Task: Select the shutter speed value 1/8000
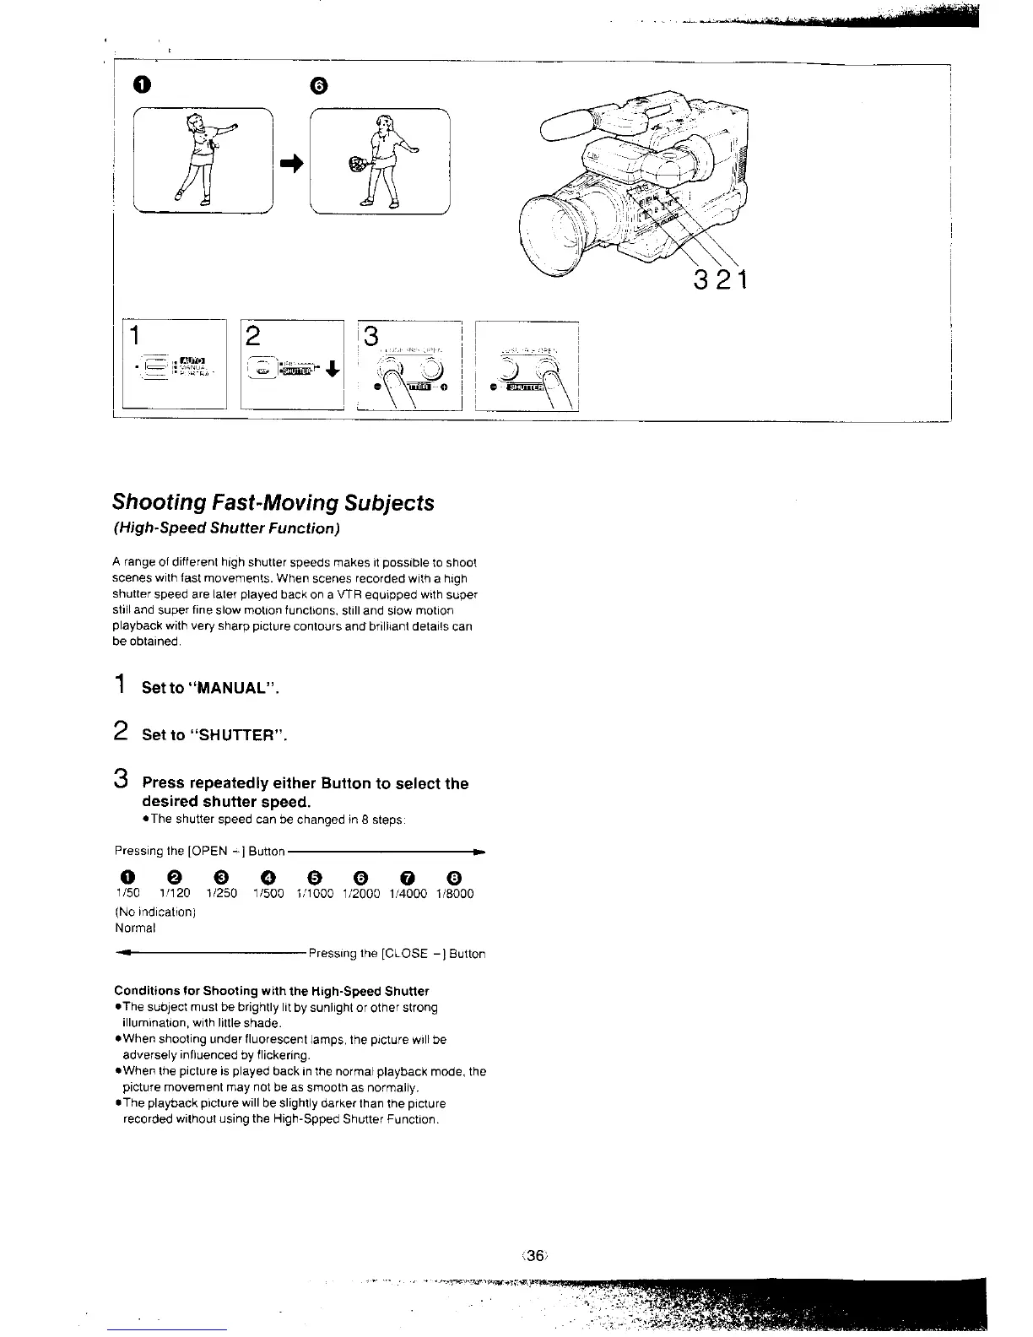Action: [x=455, y=893]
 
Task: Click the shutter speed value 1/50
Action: [x=127, y=893]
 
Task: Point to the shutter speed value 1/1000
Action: [x=314, y=893]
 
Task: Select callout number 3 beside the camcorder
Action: [x=700, y=279]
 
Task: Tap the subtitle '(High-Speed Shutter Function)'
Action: [x=226, y=528]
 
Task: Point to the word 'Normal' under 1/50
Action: [x=135, y=928]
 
